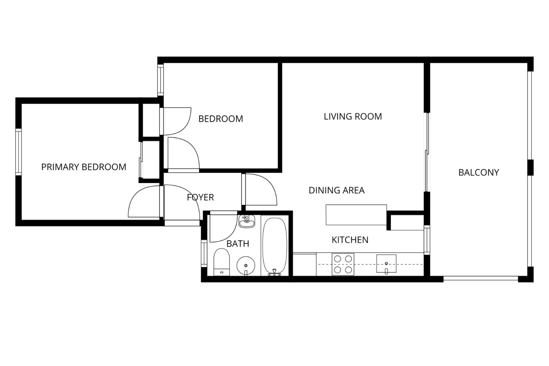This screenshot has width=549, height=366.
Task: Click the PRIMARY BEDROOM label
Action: coord(84,167)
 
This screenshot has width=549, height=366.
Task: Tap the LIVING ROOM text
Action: coord(353,117)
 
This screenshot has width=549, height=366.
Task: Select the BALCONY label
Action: coord(479,172)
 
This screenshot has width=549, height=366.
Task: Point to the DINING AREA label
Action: coord(337,190)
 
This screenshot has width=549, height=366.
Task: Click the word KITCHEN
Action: coord(350,240)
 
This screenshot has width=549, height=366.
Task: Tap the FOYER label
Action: coord(200,197)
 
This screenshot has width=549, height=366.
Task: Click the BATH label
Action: coord(238,244)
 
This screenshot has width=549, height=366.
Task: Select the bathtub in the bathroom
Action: coord(275,247)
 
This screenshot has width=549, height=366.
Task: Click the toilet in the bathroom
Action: coord(222,262)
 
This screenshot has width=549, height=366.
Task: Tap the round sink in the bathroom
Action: coord(246,265)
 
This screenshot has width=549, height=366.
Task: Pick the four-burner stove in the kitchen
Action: coord(343,264)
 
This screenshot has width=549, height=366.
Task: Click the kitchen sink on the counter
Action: coord(386,264)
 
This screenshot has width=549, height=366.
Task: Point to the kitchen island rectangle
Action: coord(356,215)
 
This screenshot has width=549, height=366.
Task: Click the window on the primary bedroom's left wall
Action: coord(19,152)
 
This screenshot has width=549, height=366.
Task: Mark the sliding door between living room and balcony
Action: coord(427,152)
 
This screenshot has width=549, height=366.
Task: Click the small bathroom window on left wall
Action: coord(204,253)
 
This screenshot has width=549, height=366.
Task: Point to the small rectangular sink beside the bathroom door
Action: coord(246,221)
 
